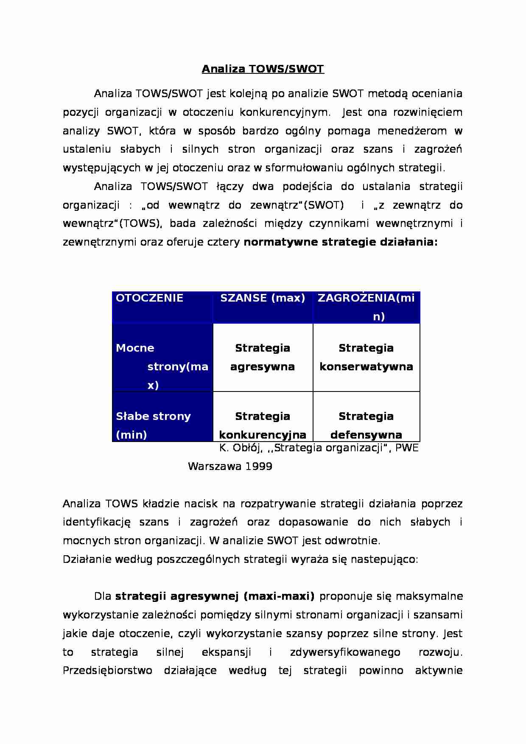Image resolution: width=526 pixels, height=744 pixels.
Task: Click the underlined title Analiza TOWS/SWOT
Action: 263,69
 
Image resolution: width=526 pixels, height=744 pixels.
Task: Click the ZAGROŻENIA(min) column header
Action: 366,307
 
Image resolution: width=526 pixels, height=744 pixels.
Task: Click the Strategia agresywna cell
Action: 263,357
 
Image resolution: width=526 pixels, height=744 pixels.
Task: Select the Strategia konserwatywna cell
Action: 366,357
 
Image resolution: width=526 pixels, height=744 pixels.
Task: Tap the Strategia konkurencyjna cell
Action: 263,425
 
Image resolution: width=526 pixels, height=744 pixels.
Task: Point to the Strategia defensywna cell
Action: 366,425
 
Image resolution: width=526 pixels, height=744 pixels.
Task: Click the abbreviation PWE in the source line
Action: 407,448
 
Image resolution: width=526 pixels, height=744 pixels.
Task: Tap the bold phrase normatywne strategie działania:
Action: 341,242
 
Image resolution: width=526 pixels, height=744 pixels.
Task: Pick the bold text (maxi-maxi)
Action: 279,596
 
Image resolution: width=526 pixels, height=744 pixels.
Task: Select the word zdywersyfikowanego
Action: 345,652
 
